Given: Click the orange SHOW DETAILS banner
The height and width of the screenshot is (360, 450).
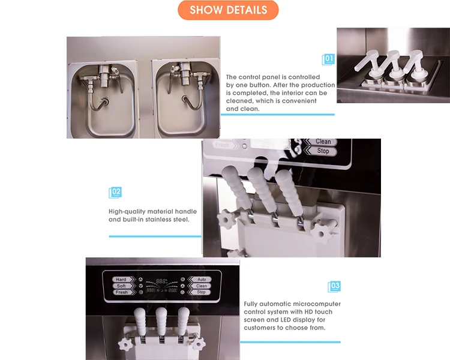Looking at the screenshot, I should point(228,10).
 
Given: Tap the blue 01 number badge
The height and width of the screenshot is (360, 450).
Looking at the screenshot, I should point(328,59).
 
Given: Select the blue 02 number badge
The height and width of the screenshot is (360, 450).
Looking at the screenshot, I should point(115,193).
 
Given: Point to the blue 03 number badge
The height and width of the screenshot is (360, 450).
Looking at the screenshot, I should point(334,286).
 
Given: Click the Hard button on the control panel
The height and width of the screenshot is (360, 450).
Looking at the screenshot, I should point(121,280).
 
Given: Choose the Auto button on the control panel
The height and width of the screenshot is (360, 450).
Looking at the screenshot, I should point(202,280).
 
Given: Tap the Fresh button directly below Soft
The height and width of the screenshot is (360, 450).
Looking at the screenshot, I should point(121,292).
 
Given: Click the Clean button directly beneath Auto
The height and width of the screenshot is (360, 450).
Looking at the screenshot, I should point(202,286).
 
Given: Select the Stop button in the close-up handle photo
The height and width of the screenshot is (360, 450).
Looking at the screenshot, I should point(323,151).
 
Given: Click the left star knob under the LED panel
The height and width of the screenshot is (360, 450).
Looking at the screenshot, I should point(125,344).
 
